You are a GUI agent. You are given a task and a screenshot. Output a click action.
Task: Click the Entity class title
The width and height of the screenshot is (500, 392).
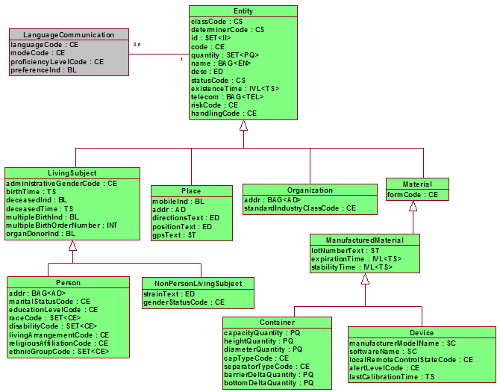pyautogui.click(x=243, y=11)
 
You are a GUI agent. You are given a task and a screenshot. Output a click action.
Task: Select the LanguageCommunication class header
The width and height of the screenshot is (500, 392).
pyautogui.click(x=69, y=35)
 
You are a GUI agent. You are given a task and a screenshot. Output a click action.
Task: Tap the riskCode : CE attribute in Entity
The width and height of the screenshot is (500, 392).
pyautogui.click(x=215, y=105)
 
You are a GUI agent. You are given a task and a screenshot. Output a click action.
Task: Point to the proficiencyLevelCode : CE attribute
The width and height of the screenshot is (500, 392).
pyautogui.click(x=57, y=62)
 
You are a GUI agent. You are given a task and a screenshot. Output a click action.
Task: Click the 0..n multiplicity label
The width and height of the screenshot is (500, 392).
pyautogui.click(x=137, y=46)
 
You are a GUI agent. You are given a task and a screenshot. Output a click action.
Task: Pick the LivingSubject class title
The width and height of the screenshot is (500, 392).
pyautogui.click(x=72, y=173)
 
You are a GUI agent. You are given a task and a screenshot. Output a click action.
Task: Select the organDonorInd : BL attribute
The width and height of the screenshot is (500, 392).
pyautogui.click(x=41, y=233)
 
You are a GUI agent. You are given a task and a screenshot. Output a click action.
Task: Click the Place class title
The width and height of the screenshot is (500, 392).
pyautogui.click(x=191, y=191)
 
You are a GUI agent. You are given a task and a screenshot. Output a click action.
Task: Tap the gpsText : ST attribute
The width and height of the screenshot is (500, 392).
pyautogui.click(x=175, y=234)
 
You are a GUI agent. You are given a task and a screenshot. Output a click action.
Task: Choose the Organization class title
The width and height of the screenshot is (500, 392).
pyautogui.click(x=309, y=190)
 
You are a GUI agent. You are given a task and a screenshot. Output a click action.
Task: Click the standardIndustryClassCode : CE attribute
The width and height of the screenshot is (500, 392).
pyautogui.click(x=300, y=208)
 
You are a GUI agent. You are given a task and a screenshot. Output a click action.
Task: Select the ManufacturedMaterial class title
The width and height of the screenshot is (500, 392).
pyautogui.click(x=365, y=240)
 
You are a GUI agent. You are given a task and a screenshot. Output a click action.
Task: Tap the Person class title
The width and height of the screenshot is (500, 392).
pyautogui.click(x=68, y=284)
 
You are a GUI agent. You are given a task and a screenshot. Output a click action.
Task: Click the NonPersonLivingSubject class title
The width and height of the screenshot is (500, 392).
pyautogui.click(x=198, y=284)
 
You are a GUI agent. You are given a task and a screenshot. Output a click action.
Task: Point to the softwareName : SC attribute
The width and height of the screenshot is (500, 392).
pyautogui.click(x=384, y=351)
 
